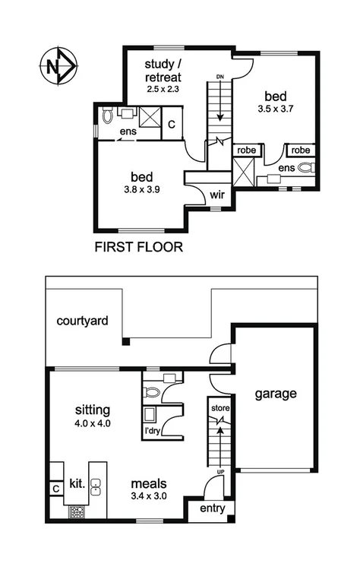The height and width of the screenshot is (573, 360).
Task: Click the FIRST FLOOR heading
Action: coord(140,247)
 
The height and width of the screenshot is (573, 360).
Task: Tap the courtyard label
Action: coord(81,321)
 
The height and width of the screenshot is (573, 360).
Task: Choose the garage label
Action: coord(275,394)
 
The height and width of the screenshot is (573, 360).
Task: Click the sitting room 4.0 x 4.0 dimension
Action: coord(93,424)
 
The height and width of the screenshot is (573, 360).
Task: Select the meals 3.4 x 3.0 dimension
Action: coord(149,496)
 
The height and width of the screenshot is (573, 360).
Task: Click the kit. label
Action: coord(77,483)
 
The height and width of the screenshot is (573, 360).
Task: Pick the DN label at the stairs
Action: coord(219,77)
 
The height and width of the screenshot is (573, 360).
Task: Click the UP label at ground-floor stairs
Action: coord(219,472)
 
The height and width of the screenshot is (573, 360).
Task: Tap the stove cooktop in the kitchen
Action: coord(77,511)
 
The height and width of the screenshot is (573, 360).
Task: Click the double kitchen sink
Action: coord(96,486)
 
